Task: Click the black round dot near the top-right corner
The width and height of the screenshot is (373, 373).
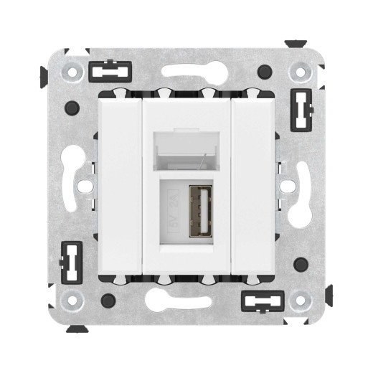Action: pyautogui.click(x=265, y=72)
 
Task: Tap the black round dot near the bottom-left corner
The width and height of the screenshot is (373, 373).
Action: pyautogui.click(x=108, y=300)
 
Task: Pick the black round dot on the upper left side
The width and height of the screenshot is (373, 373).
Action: pyautogui.click(x=71, y=108)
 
